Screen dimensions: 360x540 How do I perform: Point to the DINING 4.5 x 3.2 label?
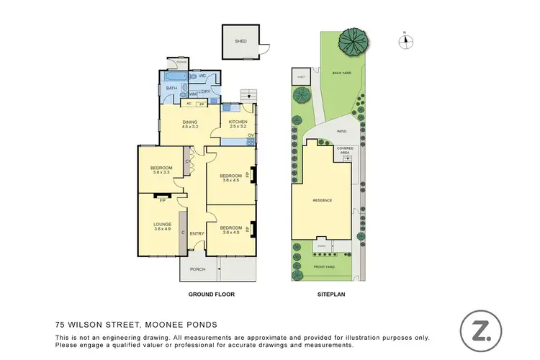pyautogui.click(x=189, y=124)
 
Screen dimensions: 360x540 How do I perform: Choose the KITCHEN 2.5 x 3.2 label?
pyautogui.click(x=238, y=124)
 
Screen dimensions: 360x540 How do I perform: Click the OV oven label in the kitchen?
pyautogui.click(x=251, y=135)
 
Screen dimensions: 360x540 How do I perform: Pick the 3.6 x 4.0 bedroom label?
pyautogui.click(x=230, y=230)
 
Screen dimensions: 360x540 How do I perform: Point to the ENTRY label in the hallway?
pyautogui.click(x=197, y=233)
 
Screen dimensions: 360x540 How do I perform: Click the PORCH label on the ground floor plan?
pyautogui.click(x=197, y=269)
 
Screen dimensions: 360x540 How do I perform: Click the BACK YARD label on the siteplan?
pyautogui.click(x=341, y=73)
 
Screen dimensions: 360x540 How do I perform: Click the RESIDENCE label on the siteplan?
pyautogui.click(x=321, y=200)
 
